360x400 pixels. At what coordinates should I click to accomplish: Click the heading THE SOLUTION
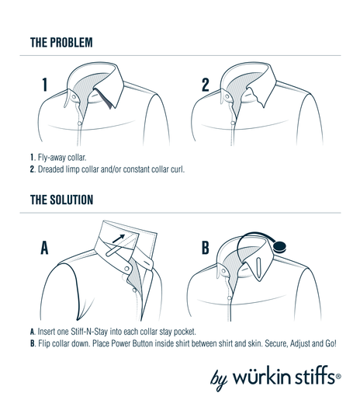pos(61,200)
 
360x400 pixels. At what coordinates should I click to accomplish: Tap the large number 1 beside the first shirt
pos(45,85)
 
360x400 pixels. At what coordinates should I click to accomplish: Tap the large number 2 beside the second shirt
pos(206,85)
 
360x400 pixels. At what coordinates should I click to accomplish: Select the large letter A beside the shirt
pos(45,249)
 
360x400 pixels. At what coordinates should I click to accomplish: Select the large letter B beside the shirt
pos(206,249)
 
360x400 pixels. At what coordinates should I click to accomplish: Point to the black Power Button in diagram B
pos(280,246)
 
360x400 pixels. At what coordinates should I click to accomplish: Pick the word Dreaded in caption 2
pos(57,169)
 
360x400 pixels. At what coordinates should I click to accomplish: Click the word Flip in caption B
pos(47,344)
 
